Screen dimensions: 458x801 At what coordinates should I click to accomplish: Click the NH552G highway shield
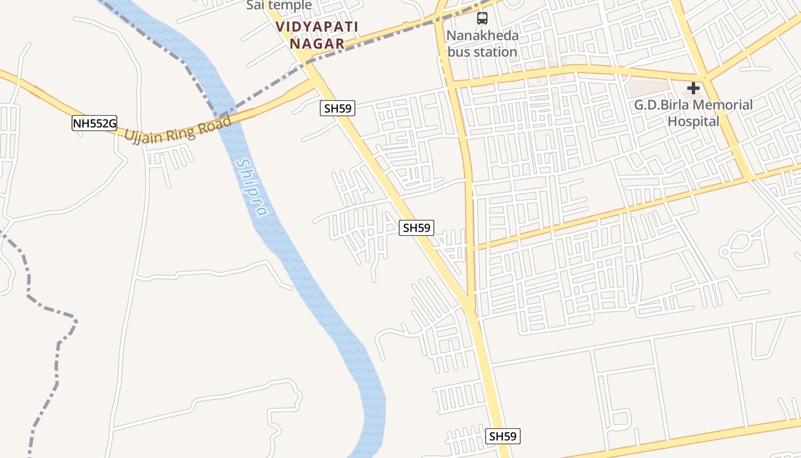coord(94,123)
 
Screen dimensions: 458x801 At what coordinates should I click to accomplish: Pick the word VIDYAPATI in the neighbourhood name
coord(317,27)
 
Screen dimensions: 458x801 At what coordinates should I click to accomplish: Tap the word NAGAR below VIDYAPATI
coord(317,44)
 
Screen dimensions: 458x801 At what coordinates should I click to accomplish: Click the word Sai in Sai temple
coord(255,6)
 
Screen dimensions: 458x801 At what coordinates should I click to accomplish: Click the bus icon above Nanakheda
coord(482,18)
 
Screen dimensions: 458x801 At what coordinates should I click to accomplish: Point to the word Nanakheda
coord(482,35)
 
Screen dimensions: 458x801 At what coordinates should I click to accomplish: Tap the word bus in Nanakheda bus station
coord(457,52)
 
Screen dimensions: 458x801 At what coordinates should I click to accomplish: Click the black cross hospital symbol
coord(693,88)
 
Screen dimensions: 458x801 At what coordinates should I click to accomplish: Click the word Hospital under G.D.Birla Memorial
coord(693,121)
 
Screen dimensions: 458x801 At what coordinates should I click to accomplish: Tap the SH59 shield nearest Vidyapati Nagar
coord(337,108)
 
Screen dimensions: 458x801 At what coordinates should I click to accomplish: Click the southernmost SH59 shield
coord(503,436)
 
